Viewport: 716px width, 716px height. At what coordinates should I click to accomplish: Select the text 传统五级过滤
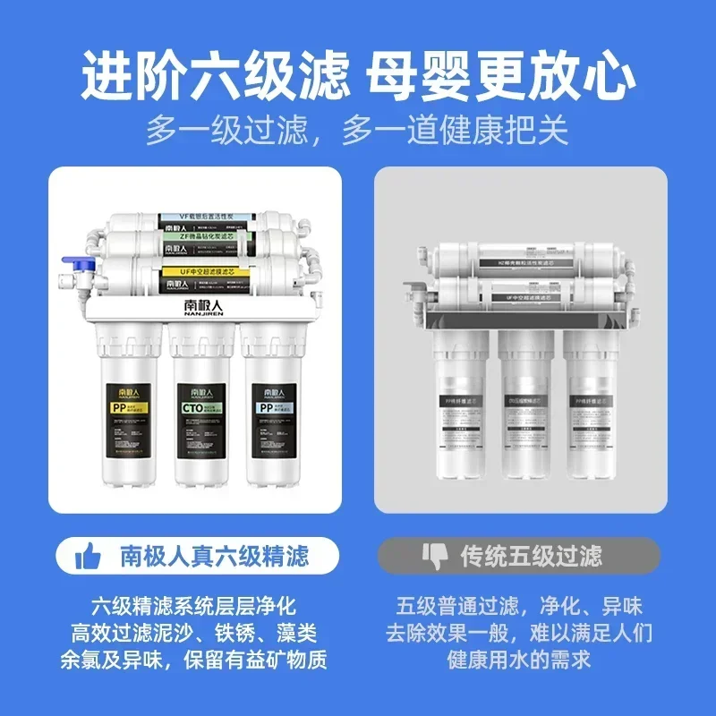[532, 557]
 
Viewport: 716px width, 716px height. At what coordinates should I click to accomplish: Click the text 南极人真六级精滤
[214, 557]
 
